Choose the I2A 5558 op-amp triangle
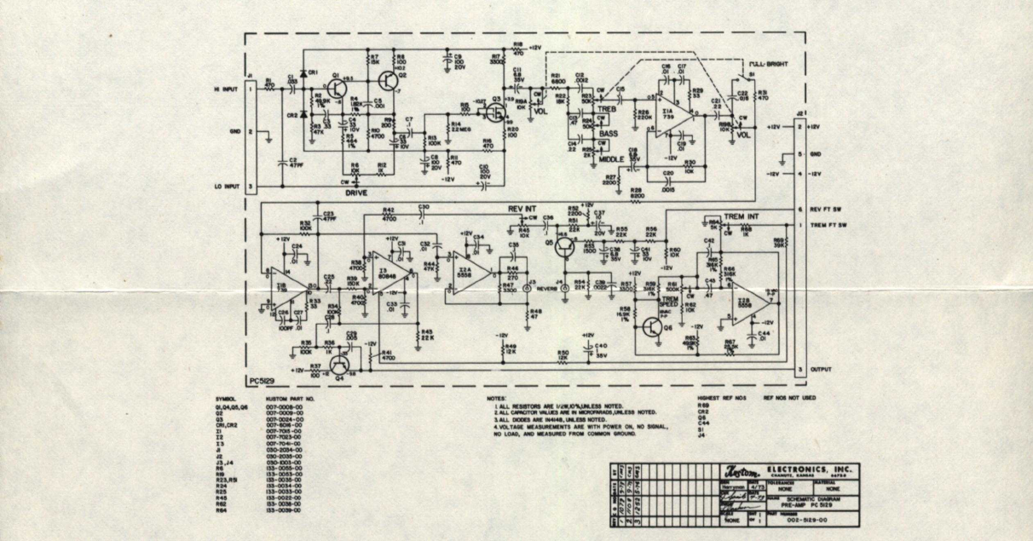pyautogui.click(x=470, y=271)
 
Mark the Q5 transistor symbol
pyautogui.click(x=565, y=246)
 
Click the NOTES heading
pyautogui.click(x=497, y=398)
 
